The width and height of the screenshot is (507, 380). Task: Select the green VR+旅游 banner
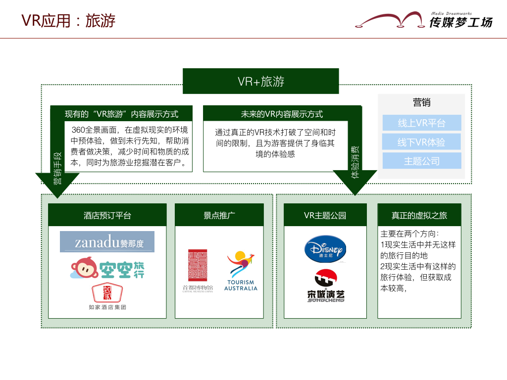tap(261, 81)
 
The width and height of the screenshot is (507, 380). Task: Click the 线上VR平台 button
tap(421, 123)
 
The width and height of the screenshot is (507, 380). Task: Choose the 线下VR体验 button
tap(421, 142)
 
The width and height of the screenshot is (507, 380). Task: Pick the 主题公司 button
tap(421, 161)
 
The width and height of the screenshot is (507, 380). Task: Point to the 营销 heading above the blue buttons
tap(421, 102)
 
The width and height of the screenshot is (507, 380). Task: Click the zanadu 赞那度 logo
tap(107, 242)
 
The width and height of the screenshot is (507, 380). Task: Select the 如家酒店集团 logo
tap(107, 296)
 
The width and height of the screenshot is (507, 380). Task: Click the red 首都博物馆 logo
tap(198, 270)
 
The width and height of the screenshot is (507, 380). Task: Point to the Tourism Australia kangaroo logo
tap(241, 271)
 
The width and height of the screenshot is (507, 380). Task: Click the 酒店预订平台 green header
tap(107, 215)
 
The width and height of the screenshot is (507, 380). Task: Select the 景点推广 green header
tap(219, 215)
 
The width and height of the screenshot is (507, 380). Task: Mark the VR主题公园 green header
tap(325, 215)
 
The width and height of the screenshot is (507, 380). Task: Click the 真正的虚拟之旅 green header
tap(419, 215)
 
